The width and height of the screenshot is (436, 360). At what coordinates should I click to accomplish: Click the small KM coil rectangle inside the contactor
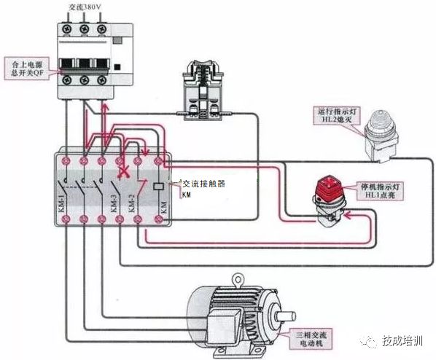tap(160, 186)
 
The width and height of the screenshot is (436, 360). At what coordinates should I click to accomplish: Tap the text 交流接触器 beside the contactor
tap(203, 184)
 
